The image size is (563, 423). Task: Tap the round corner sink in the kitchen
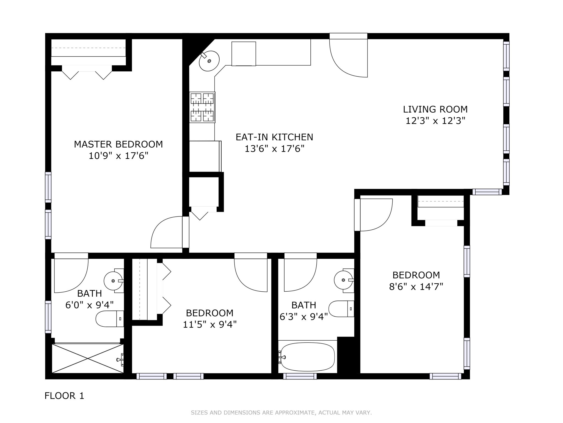209,61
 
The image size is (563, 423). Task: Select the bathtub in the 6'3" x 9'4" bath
307,357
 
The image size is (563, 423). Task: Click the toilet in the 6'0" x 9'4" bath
110,319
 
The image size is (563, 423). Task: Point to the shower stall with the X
87,358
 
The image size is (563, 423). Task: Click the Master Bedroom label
118,144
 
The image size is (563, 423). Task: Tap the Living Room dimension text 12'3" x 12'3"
435,121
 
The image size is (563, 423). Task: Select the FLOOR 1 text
64,396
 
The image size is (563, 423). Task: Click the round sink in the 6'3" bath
343,280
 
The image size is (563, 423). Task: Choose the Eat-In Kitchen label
274,137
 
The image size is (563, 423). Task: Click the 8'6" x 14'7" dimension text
416,287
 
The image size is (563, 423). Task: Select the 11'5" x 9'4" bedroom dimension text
209,325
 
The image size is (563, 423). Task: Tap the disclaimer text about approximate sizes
281,413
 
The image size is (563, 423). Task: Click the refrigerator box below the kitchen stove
205,156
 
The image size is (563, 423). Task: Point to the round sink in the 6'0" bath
113,281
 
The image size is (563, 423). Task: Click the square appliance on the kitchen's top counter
244,54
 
